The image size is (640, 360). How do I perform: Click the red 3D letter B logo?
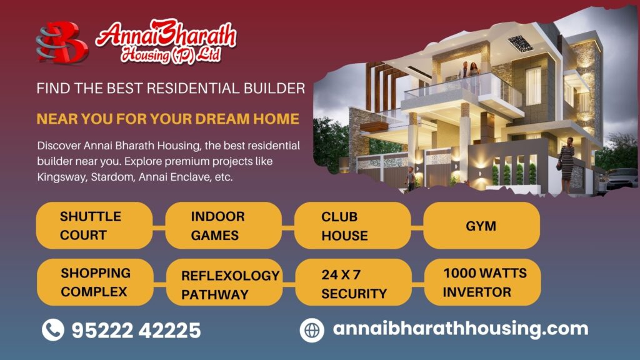(x=62, y=42)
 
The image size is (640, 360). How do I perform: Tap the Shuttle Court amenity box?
(x=94, y=225)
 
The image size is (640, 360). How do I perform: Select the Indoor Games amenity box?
(x=223, y=225)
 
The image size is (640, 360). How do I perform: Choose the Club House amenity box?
(x=352, y=225)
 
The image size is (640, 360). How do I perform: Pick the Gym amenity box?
(x=482, y=225)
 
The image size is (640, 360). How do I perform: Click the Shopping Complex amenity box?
(x=95, y=282)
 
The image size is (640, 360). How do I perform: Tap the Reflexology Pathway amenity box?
(x=224, y=282)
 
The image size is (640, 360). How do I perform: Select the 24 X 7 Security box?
(x=354, y=282)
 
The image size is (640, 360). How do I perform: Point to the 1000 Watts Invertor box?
(x=482, y=282)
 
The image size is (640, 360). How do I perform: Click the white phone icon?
(x=53, y=330)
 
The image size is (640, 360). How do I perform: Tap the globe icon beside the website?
(x=312, y=330)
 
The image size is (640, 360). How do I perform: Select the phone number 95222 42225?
(x=136, y=330)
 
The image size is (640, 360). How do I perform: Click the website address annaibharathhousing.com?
(x=461, y=329)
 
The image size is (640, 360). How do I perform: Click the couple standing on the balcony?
(x=468, y=75)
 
